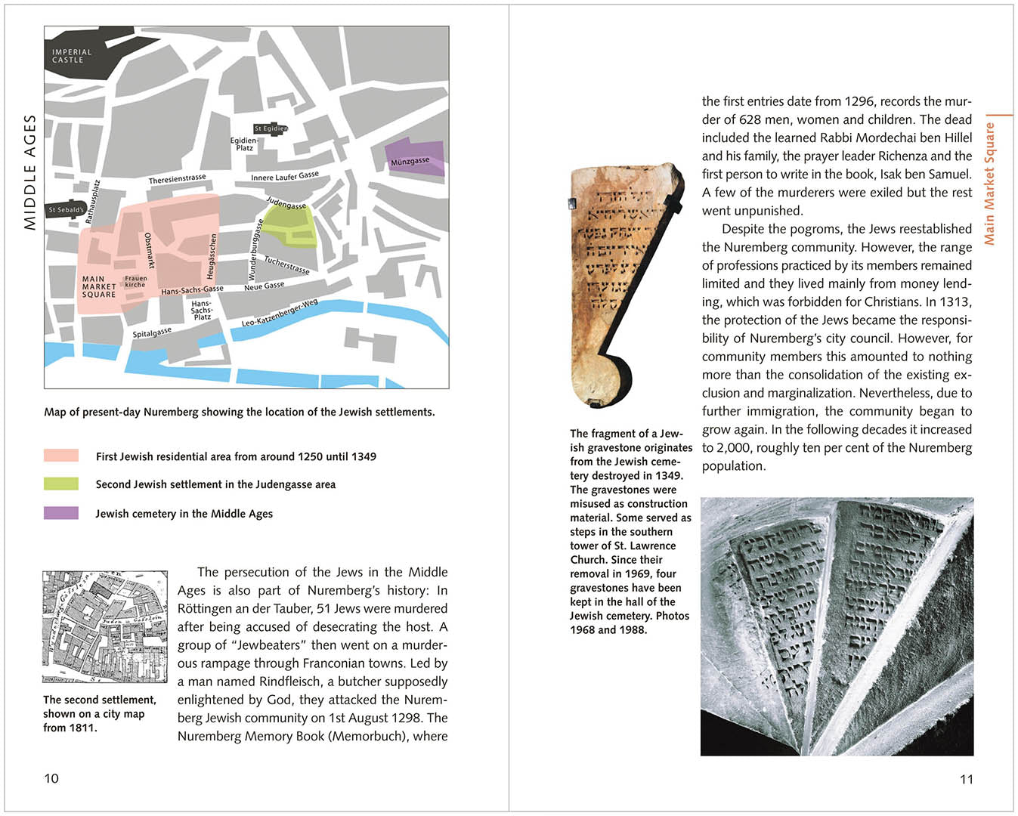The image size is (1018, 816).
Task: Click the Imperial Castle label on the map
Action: (x=72, y=56)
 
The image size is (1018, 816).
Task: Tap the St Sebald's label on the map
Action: (x=66, y=209)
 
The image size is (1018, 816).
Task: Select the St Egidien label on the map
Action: (x=271, y=128)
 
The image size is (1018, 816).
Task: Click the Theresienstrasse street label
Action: (x=177, y=179)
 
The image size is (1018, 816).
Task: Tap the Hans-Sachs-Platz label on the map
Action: (x=202, y=310)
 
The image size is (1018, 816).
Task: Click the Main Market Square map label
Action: (x=99, y=286)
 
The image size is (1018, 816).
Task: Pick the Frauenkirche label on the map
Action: (x=135, y=281)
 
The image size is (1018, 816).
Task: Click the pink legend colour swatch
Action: (x=61, y=456)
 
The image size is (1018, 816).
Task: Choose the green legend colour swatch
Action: (x=61, y=484)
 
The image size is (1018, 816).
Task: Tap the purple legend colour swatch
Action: (x=61, y=513)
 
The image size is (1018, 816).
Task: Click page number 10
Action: (x=51, y=778)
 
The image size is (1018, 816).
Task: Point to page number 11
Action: (x=966, y=779)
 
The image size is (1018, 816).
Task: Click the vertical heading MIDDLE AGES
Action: (x=30, y=172)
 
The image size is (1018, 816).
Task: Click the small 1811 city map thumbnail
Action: (x=105, y=627)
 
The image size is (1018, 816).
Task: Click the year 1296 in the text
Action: (x=859, y=101)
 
